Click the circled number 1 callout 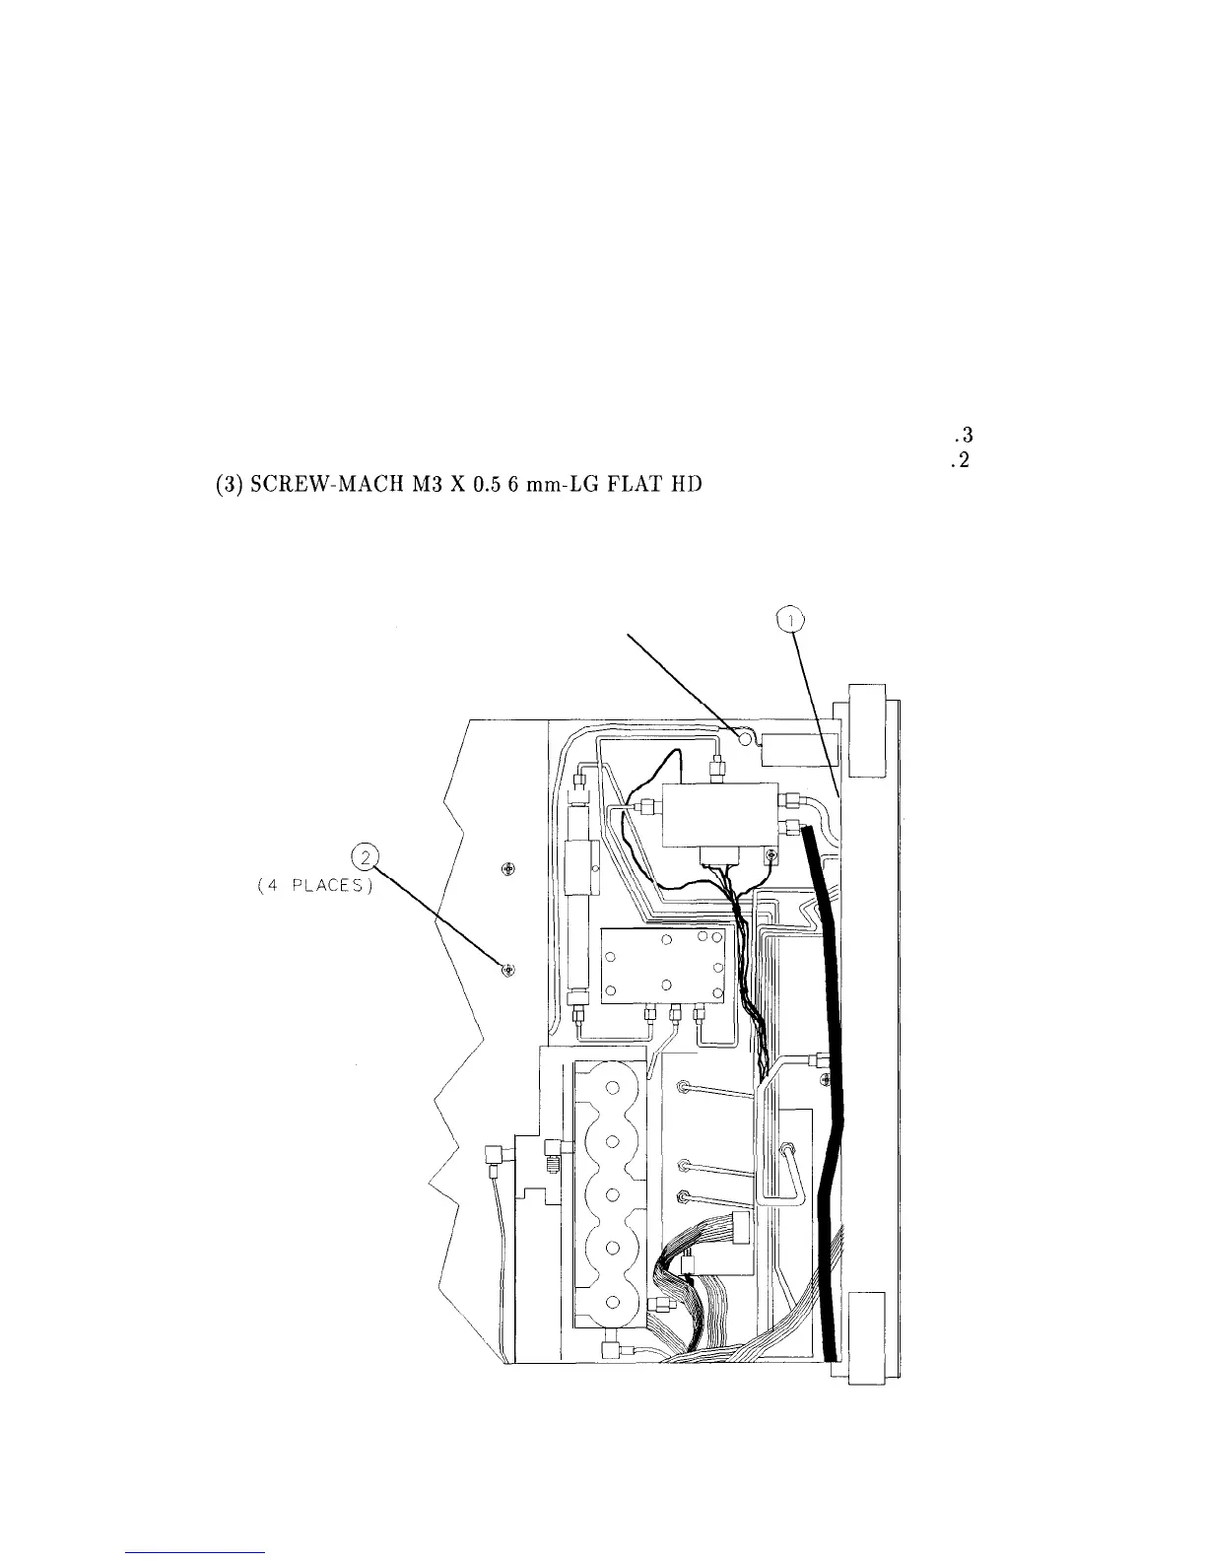790,620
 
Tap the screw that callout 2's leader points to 508,971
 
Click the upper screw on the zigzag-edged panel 508,868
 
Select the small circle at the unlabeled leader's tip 745,735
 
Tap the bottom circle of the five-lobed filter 612,1302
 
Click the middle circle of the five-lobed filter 612,1195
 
